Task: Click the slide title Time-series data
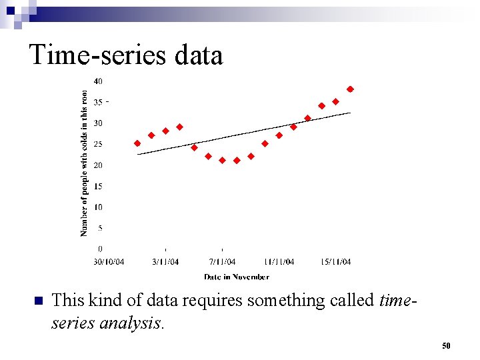click(x=126, y=55)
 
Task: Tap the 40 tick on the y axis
click(x=98, y=81)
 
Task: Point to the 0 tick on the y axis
click(x=100, y=249)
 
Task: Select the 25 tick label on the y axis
click(x=98, y=144)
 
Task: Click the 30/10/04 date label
click(x=108, y=261)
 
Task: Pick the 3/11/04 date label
click(x=165, y=261)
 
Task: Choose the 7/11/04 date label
click(x=222, y=261)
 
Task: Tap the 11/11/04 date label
click(x=279, y=261)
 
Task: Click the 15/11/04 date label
click(x=336, y=261)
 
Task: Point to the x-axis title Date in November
click(x=237, y=277)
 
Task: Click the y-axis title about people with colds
click(x=84, y=163)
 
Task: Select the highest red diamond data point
click(x=350, y=89)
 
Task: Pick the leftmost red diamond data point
click(x=137, y=143)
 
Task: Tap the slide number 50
click(x=446, y=346)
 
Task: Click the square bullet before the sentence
click(x=37, y=301)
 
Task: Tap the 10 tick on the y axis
click(x=98, y=207)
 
